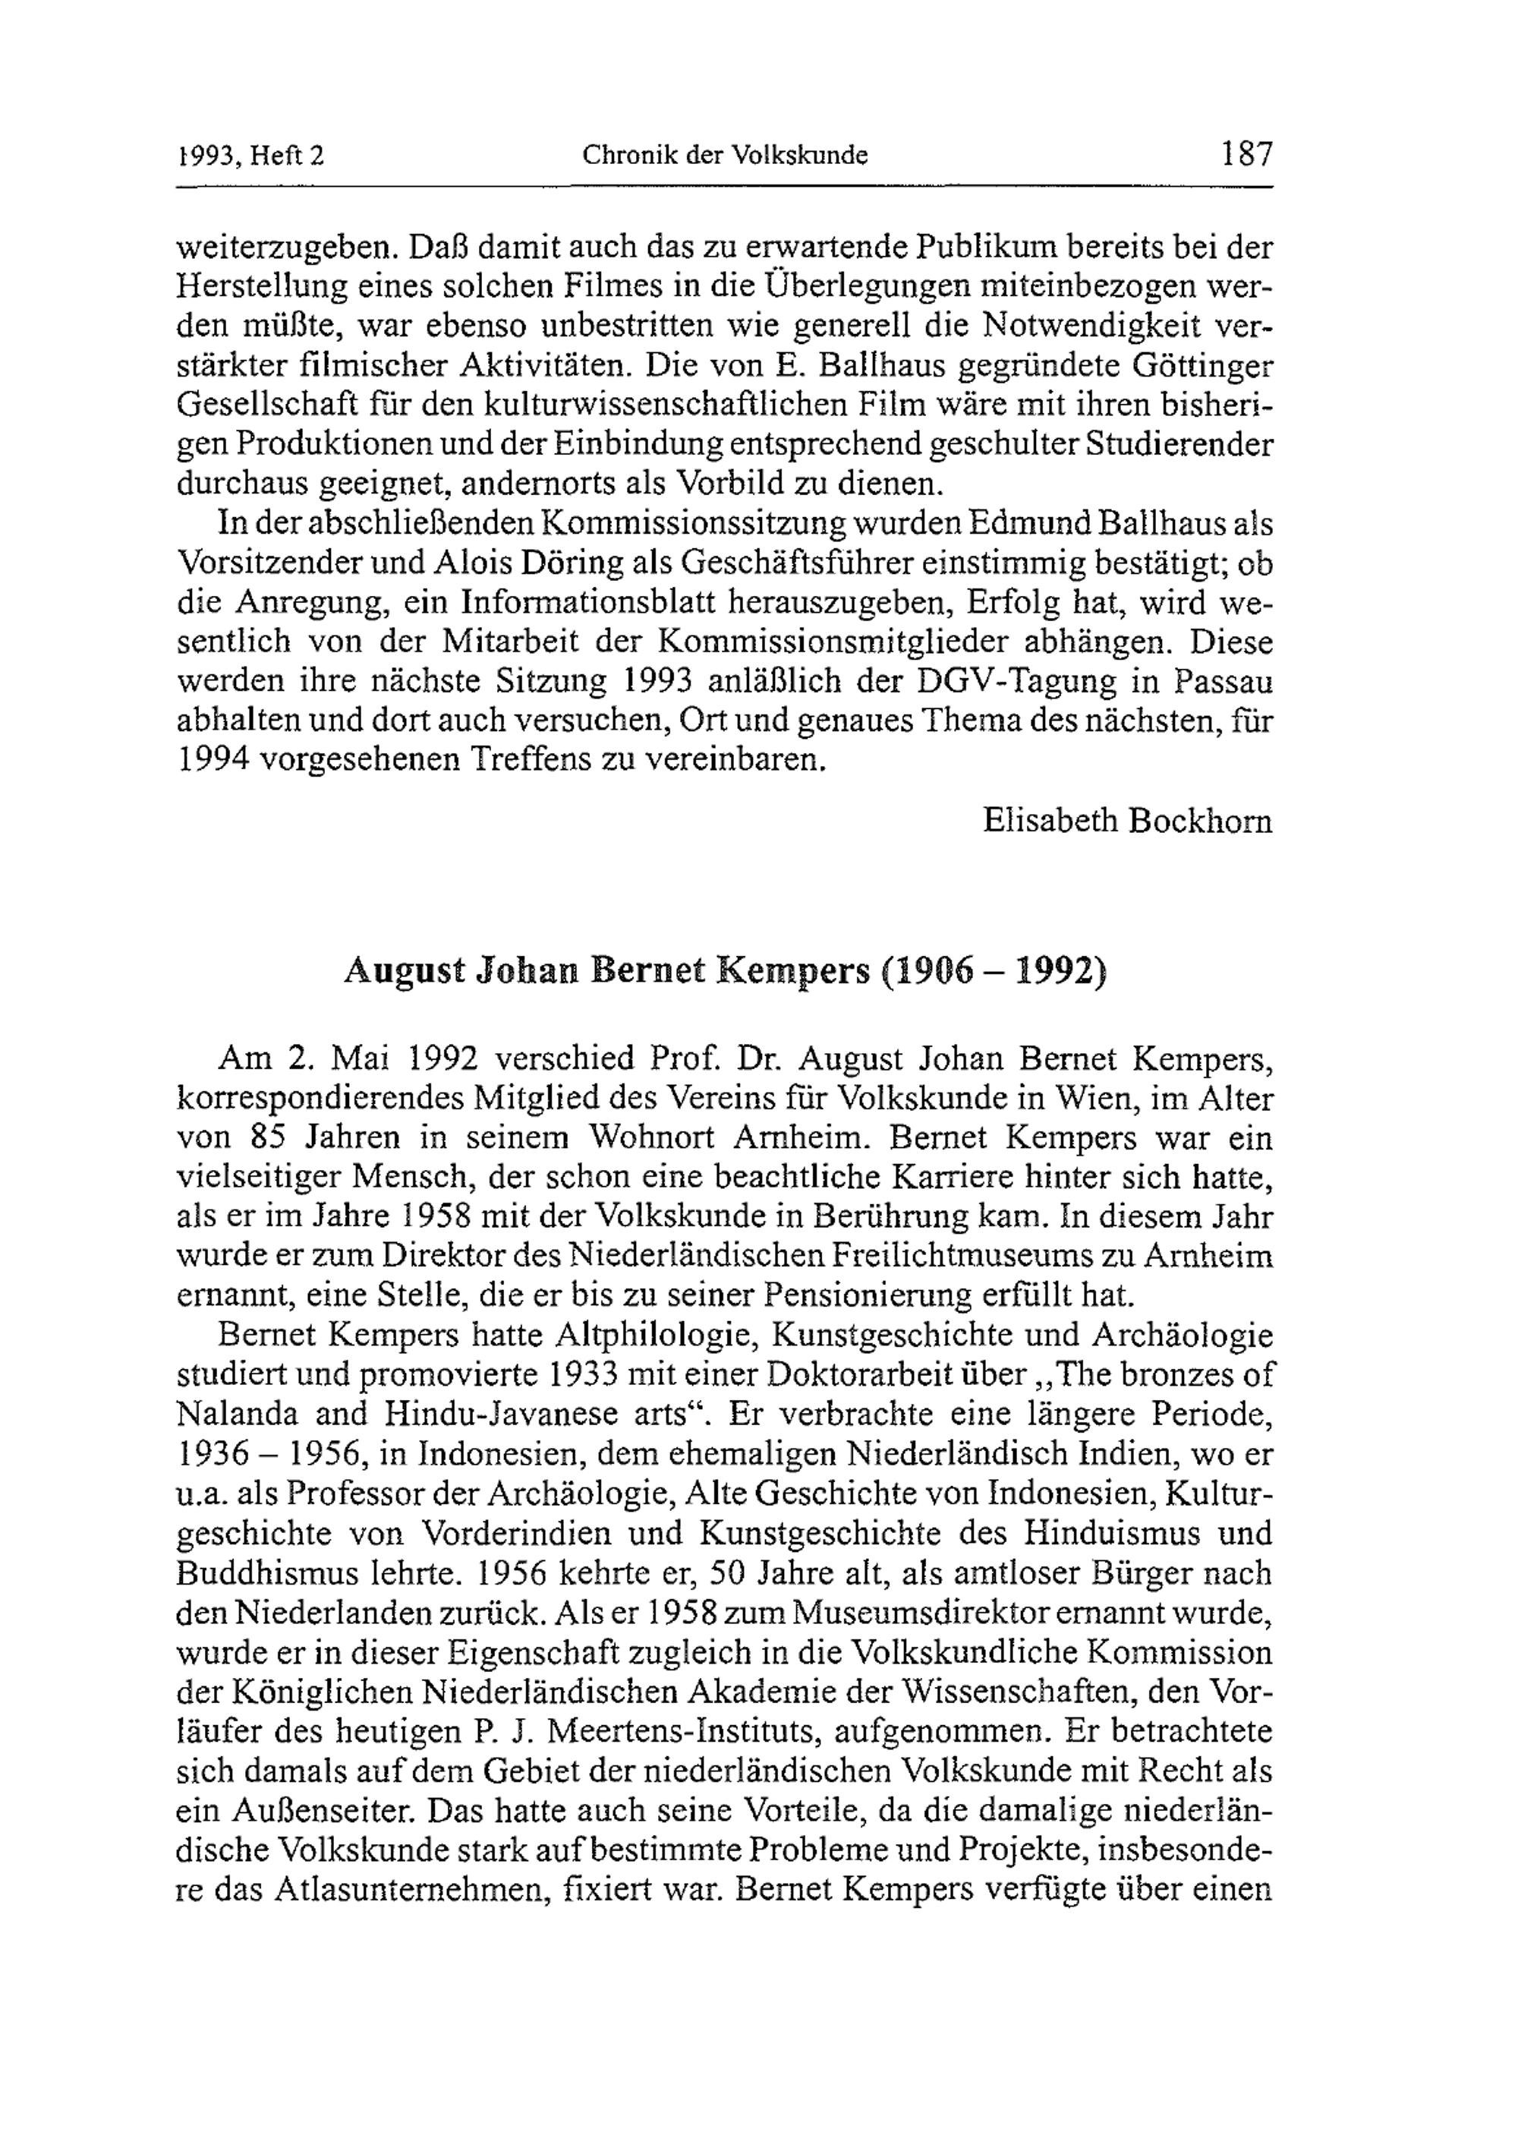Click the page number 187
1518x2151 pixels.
[1246, 153]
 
